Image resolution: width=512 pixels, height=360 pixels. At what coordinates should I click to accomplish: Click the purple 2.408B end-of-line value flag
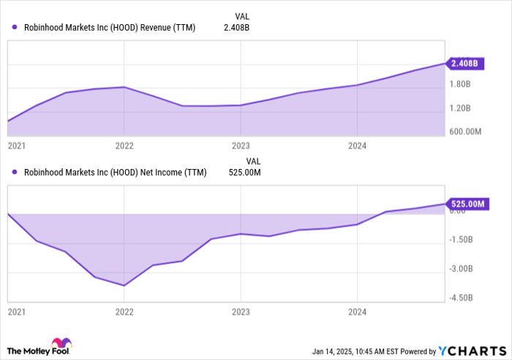tap(464, 64)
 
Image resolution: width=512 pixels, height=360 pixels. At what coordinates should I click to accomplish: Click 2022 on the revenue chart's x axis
tap(124, 146)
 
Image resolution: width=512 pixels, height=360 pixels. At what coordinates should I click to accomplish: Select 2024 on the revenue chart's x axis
tap(356, 146)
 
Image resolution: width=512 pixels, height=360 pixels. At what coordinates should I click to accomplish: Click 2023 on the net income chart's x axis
tap(240, 312)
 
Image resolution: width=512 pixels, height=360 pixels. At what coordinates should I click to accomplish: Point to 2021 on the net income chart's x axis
tap(16, 312)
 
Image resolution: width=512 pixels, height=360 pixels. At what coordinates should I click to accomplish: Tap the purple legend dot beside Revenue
tap(15, 28)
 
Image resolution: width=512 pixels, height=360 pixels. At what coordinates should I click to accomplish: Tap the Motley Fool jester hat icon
tap(59, 344)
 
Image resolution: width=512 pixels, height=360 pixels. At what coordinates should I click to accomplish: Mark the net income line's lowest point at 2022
tap(124, 285)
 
